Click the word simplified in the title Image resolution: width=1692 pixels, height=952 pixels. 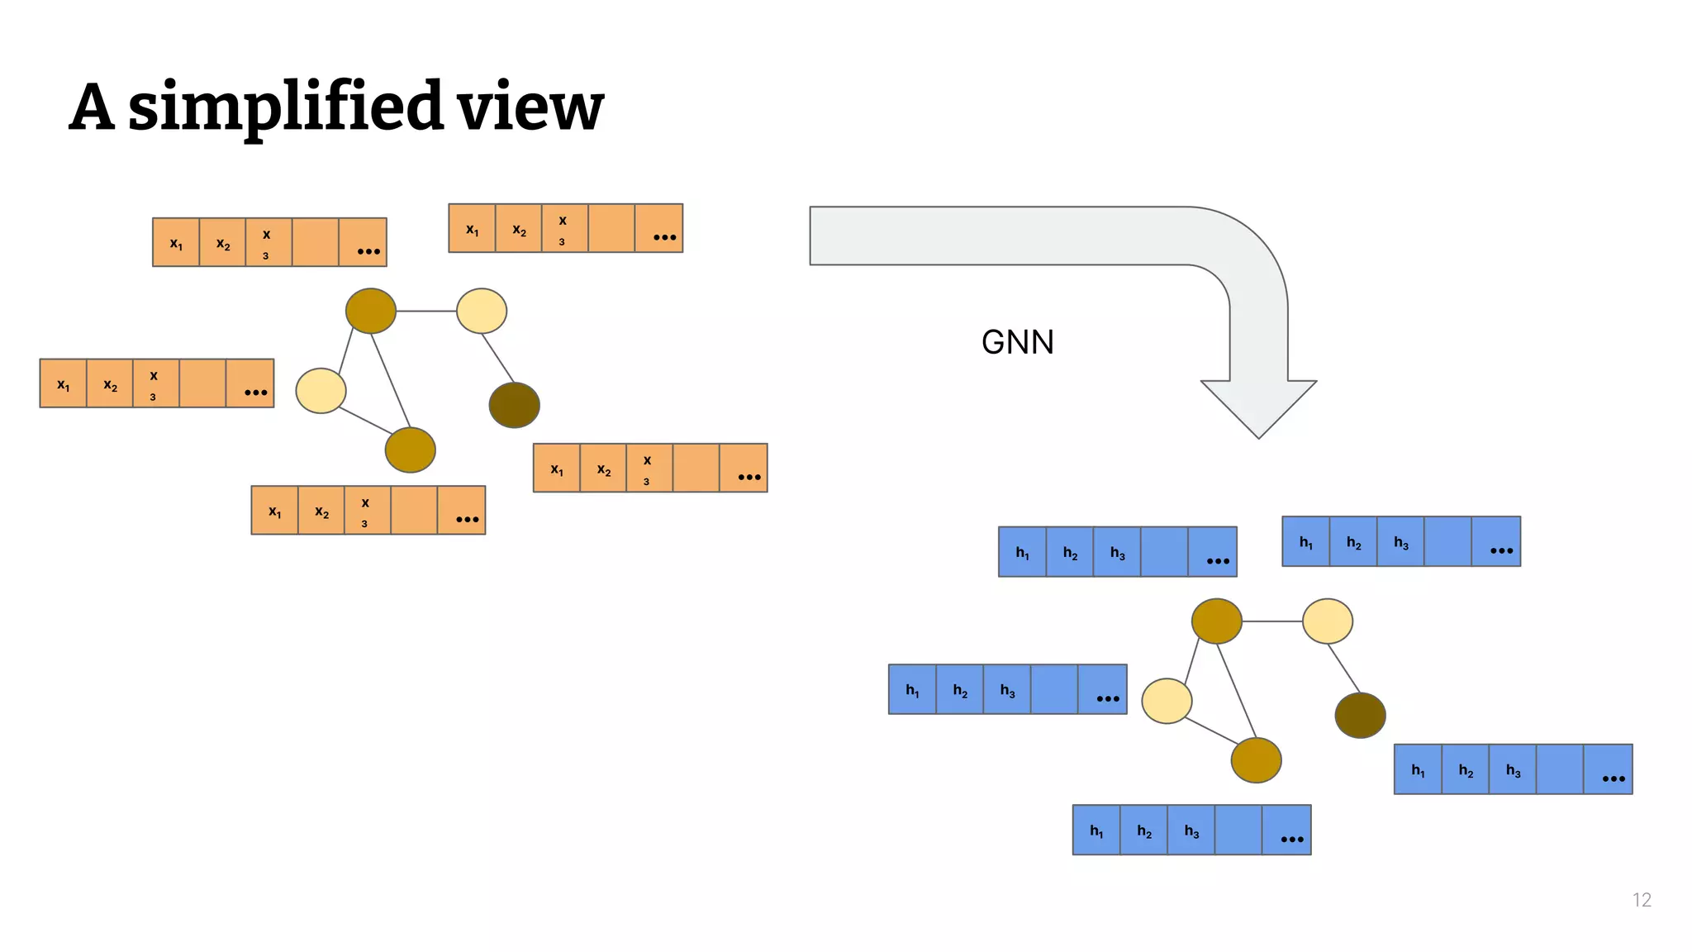point(286,107)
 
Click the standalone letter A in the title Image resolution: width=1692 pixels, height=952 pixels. point(91,107)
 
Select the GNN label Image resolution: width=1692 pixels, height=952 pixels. point(1017,342)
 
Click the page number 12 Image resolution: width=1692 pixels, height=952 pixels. point(1641,900)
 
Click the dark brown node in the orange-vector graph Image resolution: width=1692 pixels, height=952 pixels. point(514,405)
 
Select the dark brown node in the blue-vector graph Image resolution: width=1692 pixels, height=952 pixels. point(1360,715)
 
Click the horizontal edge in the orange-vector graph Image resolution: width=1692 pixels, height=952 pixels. point(425,311)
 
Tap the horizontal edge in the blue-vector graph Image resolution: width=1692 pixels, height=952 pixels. point(1271,621)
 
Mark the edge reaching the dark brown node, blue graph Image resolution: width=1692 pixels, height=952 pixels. point(1343,668)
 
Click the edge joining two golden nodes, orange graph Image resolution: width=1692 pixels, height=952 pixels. point(390,380)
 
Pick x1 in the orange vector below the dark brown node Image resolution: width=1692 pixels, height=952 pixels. point(557,469)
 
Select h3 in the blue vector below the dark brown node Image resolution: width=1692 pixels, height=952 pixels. point(1512,770)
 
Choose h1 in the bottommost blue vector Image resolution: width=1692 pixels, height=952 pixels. point(1096,831)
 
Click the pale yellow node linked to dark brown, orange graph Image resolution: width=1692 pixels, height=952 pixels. point(482,311)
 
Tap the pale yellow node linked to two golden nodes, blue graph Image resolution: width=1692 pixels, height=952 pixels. point(1167,701)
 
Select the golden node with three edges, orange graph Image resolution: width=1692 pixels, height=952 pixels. point(371,311)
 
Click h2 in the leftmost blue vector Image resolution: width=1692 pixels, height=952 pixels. point(959,690)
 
